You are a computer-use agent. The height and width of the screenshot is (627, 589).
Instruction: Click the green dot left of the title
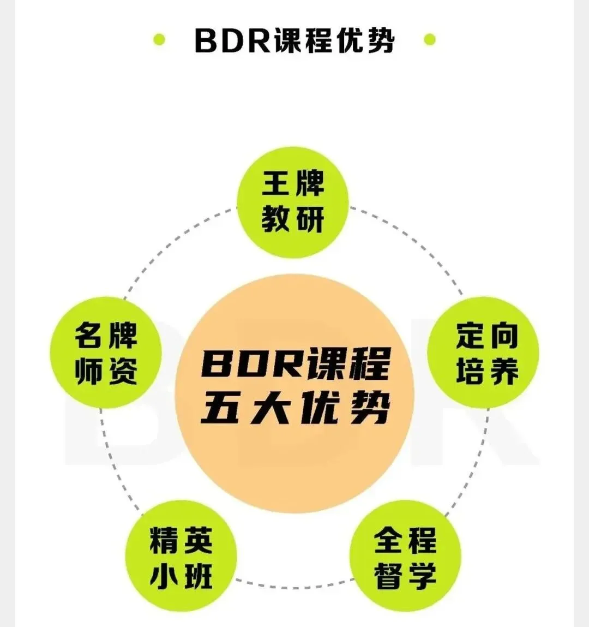[159, 40]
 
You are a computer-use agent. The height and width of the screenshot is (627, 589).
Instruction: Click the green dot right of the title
[430, 40]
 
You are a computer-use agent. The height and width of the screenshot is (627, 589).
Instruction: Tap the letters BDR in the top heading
[232, 40]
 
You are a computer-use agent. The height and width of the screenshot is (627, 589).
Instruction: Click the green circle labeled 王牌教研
[293, 202]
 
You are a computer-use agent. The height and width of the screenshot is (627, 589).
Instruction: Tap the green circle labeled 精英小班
[181, 557]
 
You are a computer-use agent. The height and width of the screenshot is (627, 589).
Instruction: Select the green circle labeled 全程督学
[405, 557]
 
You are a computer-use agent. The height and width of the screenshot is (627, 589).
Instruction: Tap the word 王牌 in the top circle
[293, 183]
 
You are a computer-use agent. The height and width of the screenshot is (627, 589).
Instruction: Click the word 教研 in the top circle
[293, 220]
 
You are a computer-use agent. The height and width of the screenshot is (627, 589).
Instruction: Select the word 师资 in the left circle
[106, 372]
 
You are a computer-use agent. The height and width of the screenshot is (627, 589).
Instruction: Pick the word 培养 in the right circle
[487, 372]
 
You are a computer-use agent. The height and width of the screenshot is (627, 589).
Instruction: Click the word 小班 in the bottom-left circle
[181, 576]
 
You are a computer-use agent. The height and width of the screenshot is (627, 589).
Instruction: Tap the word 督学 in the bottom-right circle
[405, 576]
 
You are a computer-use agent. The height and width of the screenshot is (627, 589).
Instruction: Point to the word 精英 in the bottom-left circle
[181, 539]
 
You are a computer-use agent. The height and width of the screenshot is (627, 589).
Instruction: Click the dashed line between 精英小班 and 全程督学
[293, 587]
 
